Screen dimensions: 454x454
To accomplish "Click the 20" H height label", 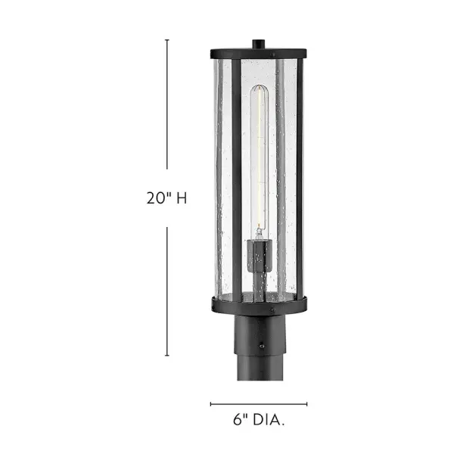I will [166, 199].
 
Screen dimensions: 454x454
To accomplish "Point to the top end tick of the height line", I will [167, 39].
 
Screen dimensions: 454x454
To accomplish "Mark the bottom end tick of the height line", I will [167, 356].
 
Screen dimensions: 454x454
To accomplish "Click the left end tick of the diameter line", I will [210, 404].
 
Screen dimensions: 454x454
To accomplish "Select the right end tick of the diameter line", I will [307, 404].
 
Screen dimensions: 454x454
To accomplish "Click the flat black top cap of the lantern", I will [259, 52].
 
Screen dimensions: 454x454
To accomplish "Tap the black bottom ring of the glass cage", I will [259, 306].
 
